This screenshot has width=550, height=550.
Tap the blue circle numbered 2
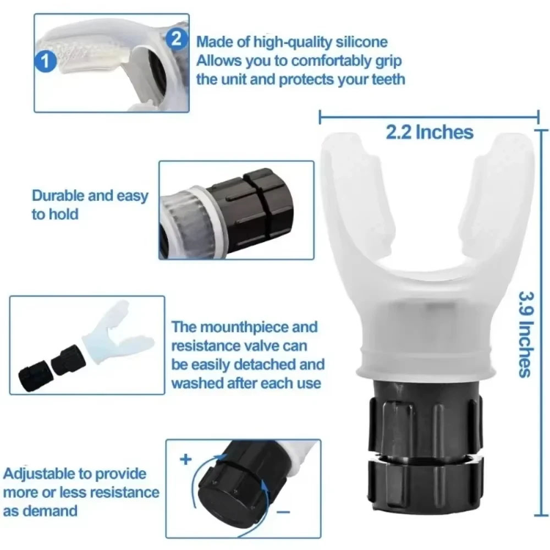pyautogui.click(x=175, y=38)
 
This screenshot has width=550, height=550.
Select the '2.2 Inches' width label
pyautogui.click(x=429, y=132)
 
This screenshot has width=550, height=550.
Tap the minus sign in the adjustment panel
pyautogui.click(x=284, y=512)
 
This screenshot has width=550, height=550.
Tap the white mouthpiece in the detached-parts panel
pyautogui.click(x=113, y=333)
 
